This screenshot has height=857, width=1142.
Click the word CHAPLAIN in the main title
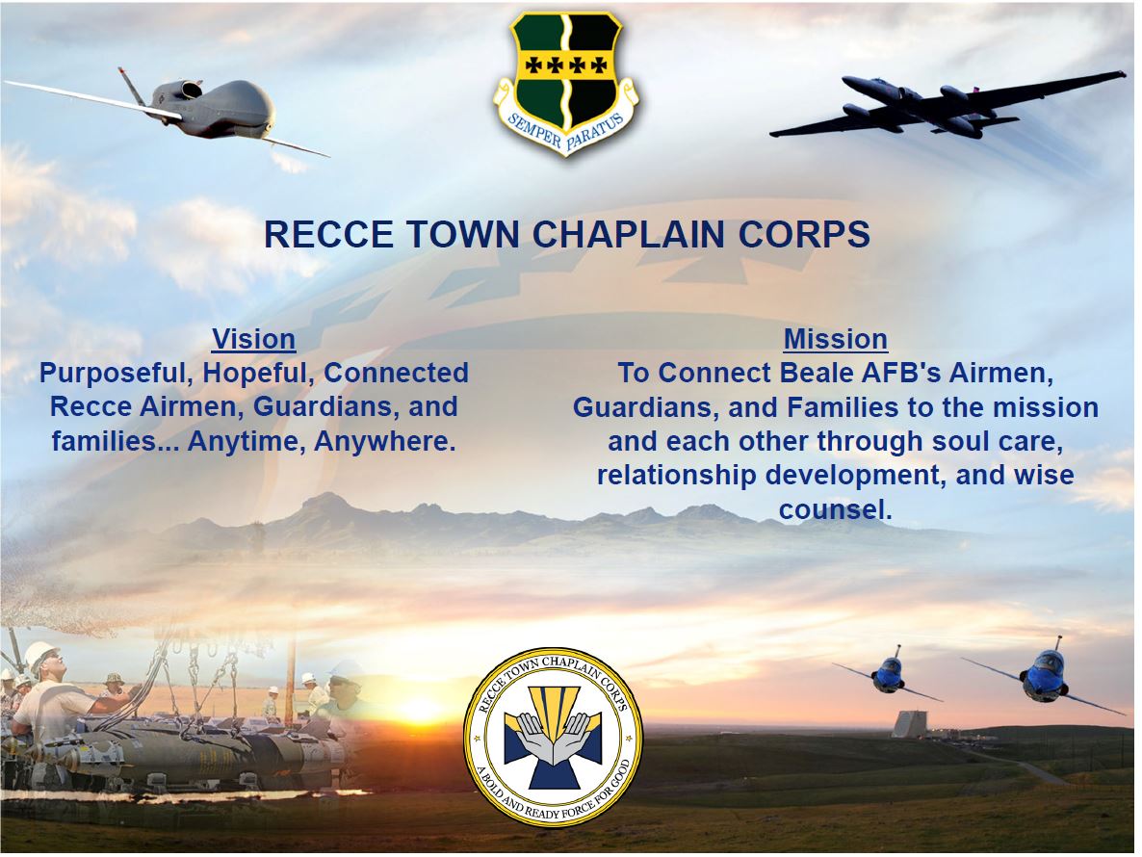pos(630,234)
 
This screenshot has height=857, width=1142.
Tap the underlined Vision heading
pos(253,339)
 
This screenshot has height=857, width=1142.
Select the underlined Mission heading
pos(836,339)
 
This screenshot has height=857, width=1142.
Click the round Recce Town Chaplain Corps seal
pos(554,737)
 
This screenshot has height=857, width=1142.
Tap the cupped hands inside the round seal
pos(554,736)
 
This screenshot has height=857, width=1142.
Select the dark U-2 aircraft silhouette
pos(947,106)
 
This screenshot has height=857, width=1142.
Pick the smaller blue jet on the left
pos(889,674)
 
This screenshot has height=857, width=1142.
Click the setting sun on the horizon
pos(419,709)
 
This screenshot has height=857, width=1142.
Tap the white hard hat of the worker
pos(40,656)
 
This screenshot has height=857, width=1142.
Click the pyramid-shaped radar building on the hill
pos(911,723)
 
